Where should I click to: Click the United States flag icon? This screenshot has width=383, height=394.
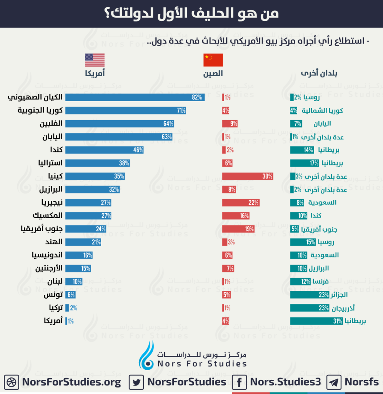coord(95,60)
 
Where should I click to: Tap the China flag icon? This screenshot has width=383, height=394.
coord(213,60)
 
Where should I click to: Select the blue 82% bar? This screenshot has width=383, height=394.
coord(135,97)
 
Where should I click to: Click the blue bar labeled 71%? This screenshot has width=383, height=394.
coord(125,110)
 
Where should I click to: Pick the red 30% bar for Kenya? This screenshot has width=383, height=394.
coord(248,176)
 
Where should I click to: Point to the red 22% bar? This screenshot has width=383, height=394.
coord(241,202)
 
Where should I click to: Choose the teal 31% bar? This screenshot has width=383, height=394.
coord(316,321)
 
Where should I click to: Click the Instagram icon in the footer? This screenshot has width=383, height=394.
coord(12,382)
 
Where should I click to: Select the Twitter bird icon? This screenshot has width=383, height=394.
coord(136,382)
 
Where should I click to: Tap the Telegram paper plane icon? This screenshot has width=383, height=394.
coord(334,382)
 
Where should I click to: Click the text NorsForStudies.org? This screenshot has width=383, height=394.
coord(72,382)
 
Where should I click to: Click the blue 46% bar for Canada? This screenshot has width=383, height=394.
coord(105,150)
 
